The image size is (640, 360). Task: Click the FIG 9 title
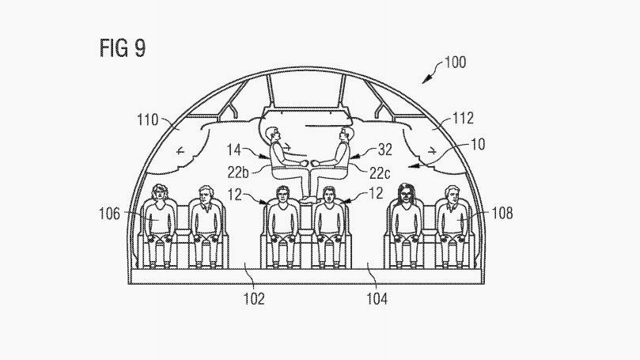pos(123,47)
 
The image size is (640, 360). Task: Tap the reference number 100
pos(455,63)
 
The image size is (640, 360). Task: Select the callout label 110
pos(147,120)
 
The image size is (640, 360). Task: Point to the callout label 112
pos(463,119)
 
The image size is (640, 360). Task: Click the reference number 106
pos(109,214)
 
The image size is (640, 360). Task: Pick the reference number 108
pos(502,213)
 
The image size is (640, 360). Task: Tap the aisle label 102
pos(254,299)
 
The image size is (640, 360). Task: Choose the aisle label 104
pos(377,299)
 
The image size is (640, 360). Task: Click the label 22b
pos(238,172)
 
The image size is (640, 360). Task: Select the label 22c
pos(380,173)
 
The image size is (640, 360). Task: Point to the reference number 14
pos(234,150)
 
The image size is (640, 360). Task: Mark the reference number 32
pos(385,150)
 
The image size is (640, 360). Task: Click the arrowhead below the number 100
pos(426,79)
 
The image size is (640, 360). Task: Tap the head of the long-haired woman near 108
pos(405,193)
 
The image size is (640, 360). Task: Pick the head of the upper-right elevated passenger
pos(345,135)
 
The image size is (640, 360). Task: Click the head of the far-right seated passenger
pos(452,195)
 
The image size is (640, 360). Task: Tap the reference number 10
pos(478,145)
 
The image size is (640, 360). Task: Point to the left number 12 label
pos(235,194)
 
